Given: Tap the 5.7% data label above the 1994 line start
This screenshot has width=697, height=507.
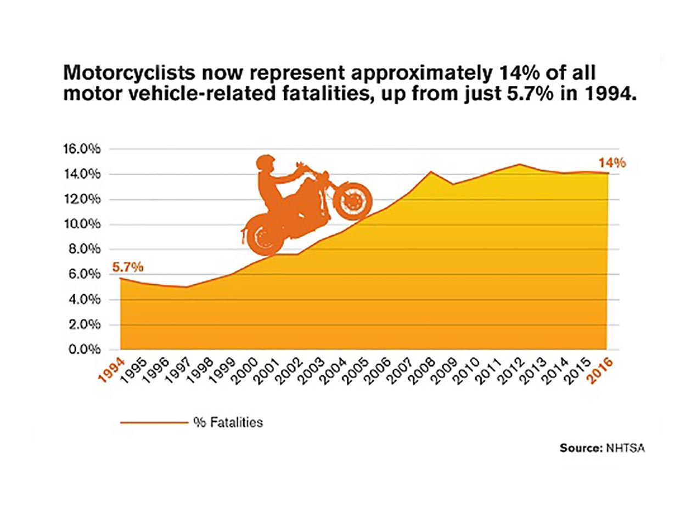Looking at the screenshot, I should pos(128,267).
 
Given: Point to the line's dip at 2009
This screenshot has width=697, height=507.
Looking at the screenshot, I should pos(453,184).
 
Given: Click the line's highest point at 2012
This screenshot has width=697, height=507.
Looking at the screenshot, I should pos(520,164).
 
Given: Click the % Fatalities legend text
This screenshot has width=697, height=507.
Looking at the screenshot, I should pos(228,422).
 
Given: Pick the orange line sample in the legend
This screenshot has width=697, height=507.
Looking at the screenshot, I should pos(154,422).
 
